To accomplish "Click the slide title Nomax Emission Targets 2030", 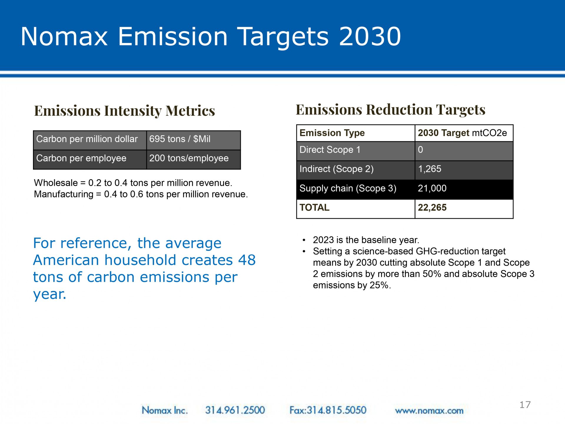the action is tap(211, 37).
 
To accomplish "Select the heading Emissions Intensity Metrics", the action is tap(124, 111).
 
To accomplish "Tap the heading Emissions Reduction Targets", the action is tap(390, 110).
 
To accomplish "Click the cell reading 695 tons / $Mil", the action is tap(194, 140).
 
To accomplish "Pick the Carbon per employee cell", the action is tap(90, 160).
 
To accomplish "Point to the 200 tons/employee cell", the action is tap(194, 160).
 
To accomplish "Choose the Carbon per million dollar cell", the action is tap(90, 140).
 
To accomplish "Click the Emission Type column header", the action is tap(356, 133).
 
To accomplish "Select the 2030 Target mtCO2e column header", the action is tap(464, 133).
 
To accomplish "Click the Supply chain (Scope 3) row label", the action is tap(348, 188).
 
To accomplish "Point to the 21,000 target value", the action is tap(432, 188).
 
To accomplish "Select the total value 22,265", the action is tap(432, 208).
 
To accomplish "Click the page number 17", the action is tap(525, 405).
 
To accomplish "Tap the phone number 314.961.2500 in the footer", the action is tap(235, 410).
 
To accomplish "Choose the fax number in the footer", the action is tap(328, 410).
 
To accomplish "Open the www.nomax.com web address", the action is tap(429, 411).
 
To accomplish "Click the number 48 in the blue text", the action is tap(247, 260).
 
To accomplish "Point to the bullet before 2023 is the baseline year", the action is tap(304, 240).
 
